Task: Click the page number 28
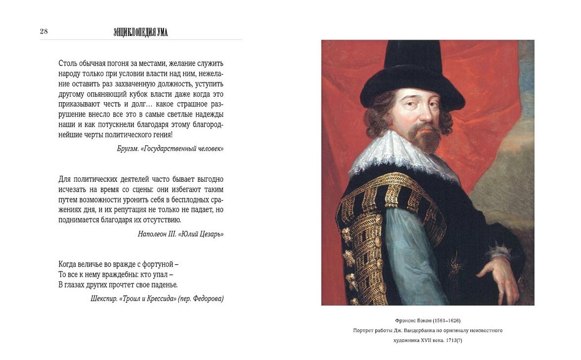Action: click(x=44, y=32)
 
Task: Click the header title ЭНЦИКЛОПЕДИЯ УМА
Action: click(x=141, y=33)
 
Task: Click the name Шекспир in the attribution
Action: click(x=104, y=298)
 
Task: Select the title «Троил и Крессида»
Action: click(x=149, y=298)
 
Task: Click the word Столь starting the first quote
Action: click(x=67, y=63)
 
